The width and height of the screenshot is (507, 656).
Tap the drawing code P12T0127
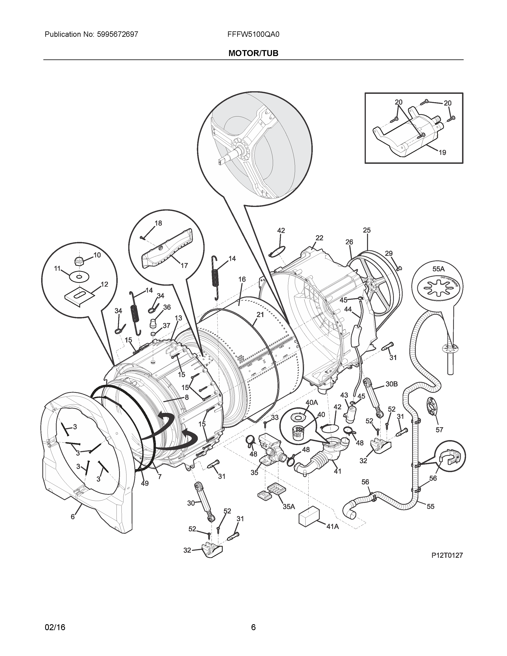click(x=447, y=555)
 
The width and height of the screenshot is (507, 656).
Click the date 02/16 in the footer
click(x=55, y=619)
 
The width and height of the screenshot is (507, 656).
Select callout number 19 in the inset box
click(x=442, y=153)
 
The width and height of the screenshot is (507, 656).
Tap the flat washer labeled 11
click(x=79, y=277)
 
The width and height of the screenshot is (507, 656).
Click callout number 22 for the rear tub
click(x=319, y=238)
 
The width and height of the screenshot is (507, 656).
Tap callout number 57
click(x=439, y=430)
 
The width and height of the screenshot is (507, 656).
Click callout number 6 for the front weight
click(x=73, y=517)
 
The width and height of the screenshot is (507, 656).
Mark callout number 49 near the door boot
click(x=145, y=483)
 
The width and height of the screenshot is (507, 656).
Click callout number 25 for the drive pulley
click(x=367, y=230)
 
